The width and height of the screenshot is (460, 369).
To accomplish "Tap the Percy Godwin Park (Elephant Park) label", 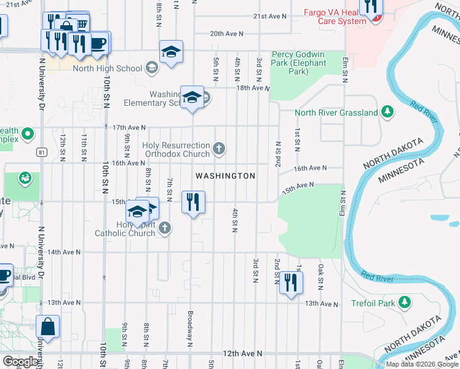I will coord(299,63).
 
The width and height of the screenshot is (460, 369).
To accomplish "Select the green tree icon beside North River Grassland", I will coord(387,111).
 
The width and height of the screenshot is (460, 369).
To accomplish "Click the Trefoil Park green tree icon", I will coord(404,302).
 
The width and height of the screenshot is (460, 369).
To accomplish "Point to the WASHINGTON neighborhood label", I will coord(225,176).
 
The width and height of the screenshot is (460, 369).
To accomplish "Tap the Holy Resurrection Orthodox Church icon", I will coord(220,148).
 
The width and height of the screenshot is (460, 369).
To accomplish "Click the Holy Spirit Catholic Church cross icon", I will coord(164,229).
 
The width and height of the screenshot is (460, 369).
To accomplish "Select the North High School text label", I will coord(108,68).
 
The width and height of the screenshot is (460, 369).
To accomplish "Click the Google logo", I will coord(20,362).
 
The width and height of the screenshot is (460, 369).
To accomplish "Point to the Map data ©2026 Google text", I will coord(422,364).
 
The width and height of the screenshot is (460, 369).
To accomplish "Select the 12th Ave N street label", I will coord(242,354).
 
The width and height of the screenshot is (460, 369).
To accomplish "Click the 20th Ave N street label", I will coord(226,34).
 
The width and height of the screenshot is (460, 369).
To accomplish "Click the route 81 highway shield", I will coord(41,151).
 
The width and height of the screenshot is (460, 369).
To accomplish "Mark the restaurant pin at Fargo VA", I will coord(371,7).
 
